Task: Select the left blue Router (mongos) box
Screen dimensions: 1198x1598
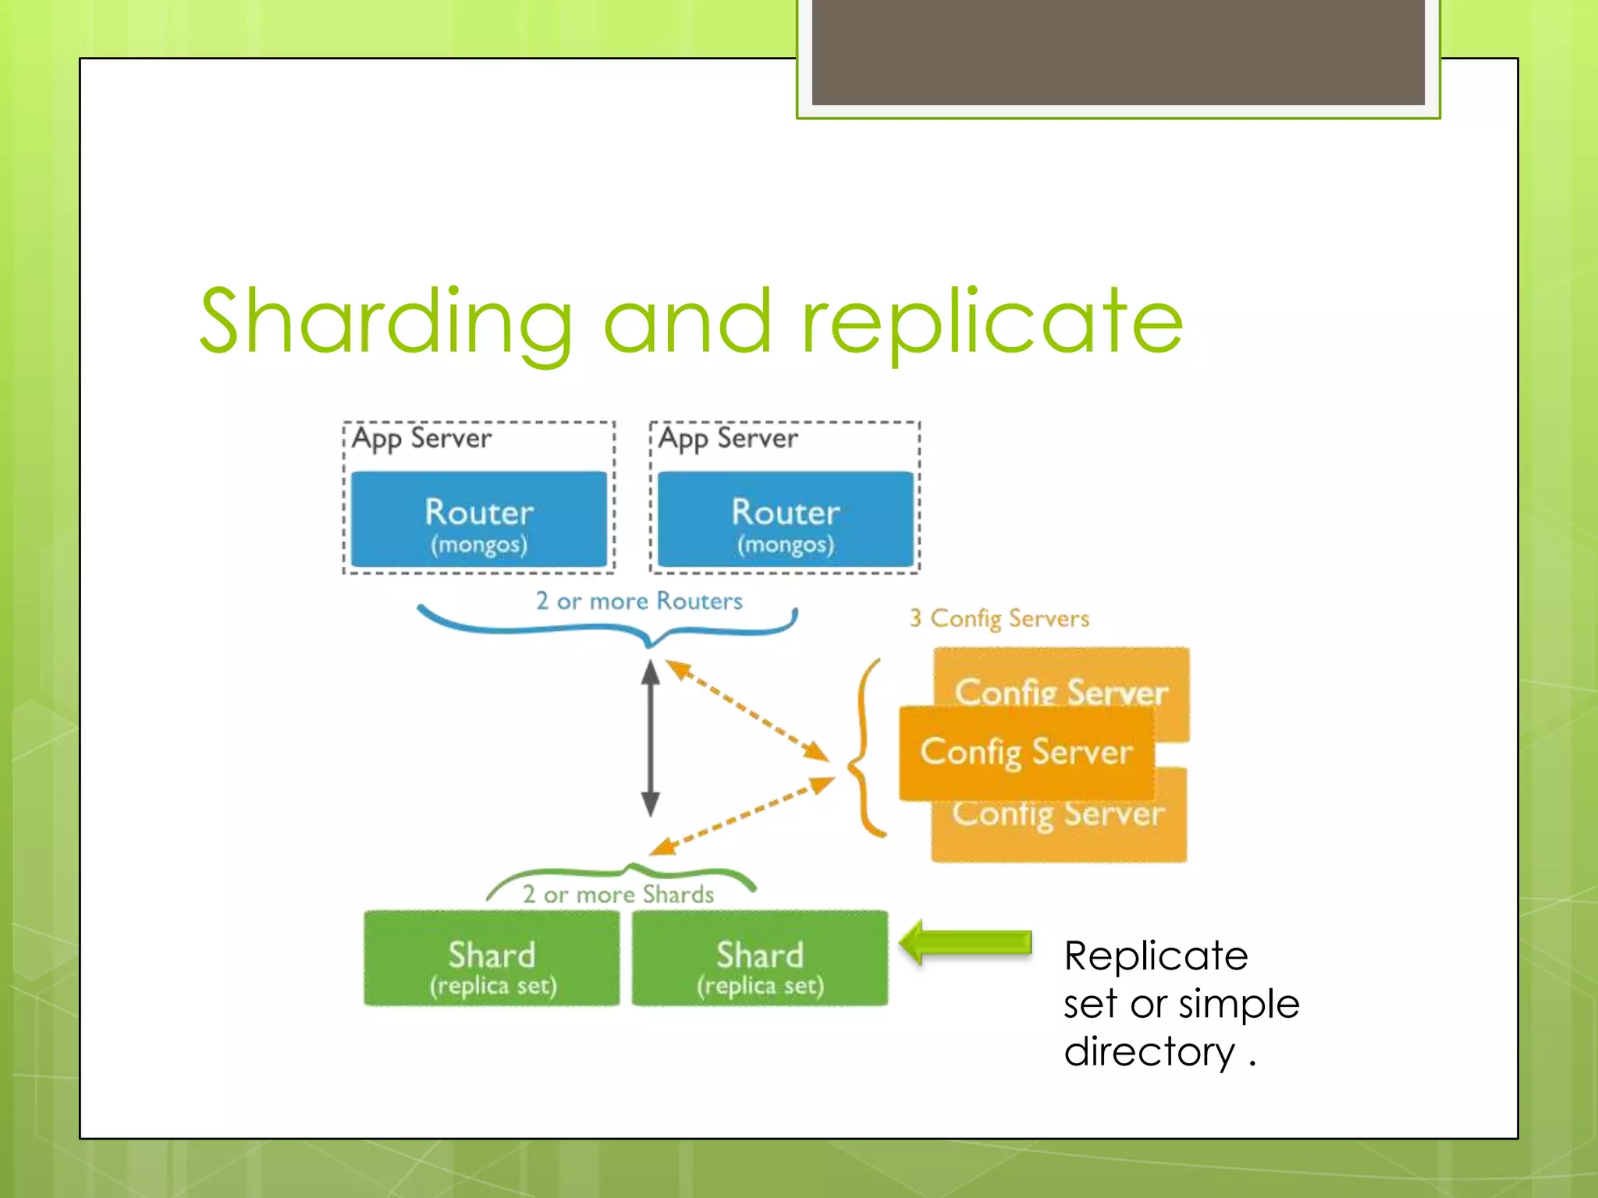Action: [x=478, y=519]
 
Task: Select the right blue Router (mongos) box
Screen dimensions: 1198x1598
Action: [x=785, y=519]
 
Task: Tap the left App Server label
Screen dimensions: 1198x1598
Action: [x=421, y=438]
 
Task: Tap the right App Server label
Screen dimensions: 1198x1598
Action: [x=728, y=438]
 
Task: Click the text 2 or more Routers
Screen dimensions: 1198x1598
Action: [x=638, y=601]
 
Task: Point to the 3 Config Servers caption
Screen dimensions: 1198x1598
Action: [x=999, y=618]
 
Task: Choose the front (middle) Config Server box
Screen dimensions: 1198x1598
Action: [x=1025, y=752]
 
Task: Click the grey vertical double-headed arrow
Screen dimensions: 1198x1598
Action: [x=651, y=738]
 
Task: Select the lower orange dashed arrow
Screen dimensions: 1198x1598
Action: [x=741, y=815]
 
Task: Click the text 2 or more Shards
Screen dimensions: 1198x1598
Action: [x=618, y=895]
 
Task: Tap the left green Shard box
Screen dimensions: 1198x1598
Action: [x=492, y=959]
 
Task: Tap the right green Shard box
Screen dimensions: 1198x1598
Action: [x=759, y=959]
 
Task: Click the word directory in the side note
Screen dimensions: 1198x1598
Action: [x=1149, y=1051]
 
